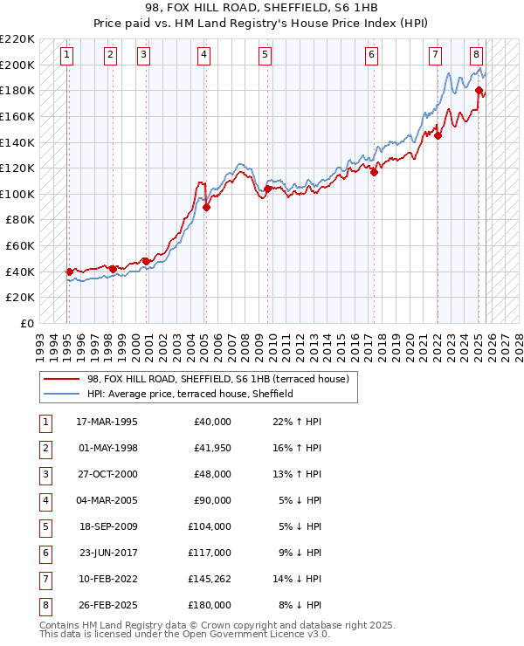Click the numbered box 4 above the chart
[203, 55]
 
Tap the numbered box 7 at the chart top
[435, 55]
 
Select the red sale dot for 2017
[374, 172]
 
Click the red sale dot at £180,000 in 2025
[479, 90]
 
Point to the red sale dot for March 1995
[69, 271]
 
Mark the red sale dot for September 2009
[266, 189]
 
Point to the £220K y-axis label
[17, 39]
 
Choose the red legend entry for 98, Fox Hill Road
[217, 379]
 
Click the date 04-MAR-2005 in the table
[107, 500]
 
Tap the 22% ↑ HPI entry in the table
[297, 422]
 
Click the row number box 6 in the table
[45, 553]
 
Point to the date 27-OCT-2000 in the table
[107, 474]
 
